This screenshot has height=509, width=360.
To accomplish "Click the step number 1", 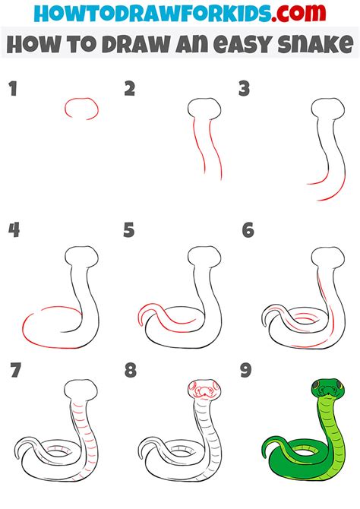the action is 13,89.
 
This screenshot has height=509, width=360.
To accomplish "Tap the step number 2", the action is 130,89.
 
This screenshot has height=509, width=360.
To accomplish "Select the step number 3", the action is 244,89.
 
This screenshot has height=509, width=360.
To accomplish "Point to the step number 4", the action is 14,230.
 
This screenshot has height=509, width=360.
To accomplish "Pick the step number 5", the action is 129,230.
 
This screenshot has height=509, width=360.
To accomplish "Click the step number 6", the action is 248,230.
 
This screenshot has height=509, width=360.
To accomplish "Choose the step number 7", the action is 16,370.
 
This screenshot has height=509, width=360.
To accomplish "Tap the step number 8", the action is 131,370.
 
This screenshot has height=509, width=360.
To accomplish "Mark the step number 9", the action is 246,370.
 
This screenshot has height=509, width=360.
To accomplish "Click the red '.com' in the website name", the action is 298,13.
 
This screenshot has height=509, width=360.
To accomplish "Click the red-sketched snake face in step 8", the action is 204,388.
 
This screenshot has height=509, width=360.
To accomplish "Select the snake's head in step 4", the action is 81,257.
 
